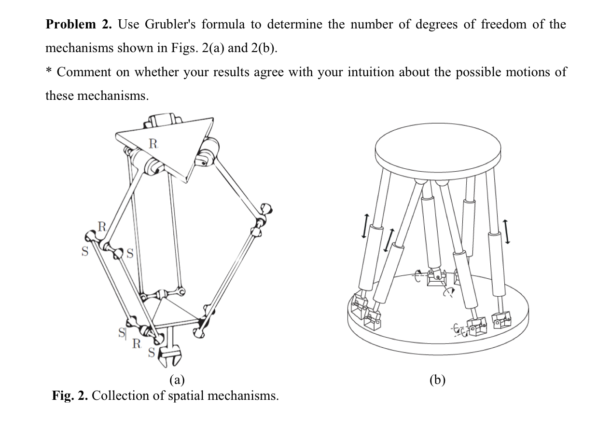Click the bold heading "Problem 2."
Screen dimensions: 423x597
click(78, 25)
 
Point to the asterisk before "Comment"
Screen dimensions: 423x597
click(49, 71)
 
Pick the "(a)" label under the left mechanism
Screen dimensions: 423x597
click(177, 380)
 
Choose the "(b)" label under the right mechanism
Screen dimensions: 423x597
click(437, 380)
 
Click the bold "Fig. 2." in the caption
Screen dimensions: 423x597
click(70, 396)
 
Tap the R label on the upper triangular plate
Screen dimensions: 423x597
click(153, 143)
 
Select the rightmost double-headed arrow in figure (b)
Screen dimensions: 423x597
click(506, 232)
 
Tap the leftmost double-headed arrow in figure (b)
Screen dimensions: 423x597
click(366, 226)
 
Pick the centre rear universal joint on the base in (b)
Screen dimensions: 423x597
click(437, 278)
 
